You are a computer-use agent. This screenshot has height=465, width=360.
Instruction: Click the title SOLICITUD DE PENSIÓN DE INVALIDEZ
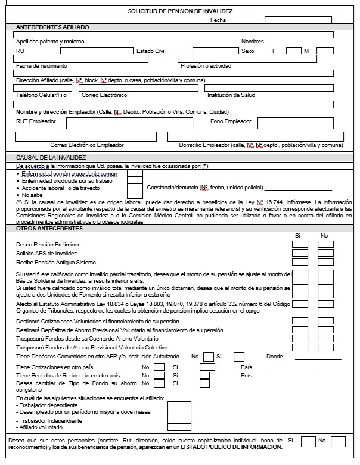(180, 11)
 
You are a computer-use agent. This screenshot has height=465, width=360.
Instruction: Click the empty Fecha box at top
(297, 20)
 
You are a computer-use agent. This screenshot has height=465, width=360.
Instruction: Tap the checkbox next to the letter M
(325, 51)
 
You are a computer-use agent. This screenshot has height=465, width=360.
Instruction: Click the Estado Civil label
(151, 51)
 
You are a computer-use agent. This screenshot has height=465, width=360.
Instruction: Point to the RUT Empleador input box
(129, 123)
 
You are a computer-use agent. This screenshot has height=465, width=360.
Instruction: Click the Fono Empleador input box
(302, 123)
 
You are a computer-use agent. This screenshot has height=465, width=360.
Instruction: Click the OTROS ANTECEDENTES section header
(45, 229)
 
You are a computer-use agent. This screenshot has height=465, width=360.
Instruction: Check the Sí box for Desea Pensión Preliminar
(300, 244)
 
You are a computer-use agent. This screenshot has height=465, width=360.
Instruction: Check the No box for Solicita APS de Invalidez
(325, 253)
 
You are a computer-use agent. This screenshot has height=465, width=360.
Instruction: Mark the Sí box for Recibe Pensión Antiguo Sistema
(300, 262)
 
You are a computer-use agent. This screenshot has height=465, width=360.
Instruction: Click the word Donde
(274, 357)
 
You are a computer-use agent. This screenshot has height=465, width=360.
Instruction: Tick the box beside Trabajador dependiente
(179, 404)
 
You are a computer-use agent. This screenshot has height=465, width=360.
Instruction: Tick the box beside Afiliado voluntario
(179, 427)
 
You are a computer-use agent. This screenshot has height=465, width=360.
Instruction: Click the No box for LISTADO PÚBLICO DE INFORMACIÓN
(338, 441)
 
